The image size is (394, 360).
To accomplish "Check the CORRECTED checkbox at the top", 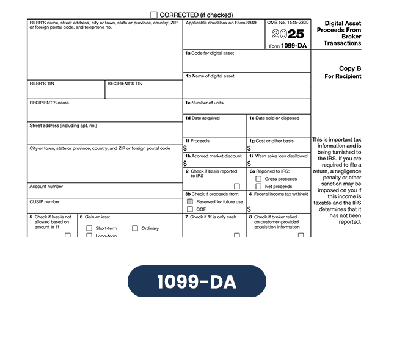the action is coord(154,15).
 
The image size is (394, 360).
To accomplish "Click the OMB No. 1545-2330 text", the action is coord(288,23).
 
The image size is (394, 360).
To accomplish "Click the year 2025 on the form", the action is coord(288,34).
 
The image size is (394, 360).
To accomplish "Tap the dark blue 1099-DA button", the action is coord(197,281).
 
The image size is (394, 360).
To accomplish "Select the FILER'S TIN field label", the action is coord(42,84).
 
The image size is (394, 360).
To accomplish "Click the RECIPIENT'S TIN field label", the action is coord(125,84).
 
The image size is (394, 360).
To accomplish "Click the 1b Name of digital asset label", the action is coord(210,76).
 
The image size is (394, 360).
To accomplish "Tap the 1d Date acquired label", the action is coord(203,118).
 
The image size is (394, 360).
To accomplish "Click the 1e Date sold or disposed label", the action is coord(274,118).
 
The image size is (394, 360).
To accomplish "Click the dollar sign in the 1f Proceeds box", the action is coord(185,148).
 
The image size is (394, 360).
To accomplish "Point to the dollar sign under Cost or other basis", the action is coord(249,148).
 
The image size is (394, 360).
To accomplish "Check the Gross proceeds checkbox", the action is coord(258,179).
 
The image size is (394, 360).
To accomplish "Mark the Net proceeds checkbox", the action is coord(258,186).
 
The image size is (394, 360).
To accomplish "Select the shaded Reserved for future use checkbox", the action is coord(190,201).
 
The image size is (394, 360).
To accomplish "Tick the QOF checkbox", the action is coord(190,209).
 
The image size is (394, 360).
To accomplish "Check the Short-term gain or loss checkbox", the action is coord(89,228).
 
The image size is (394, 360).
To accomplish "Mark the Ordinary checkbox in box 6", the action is coord(135,228).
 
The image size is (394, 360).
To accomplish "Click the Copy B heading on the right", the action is coord(350,68).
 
